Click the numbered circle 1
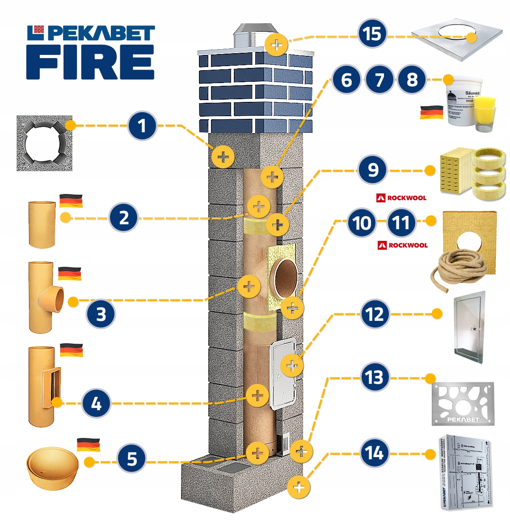(142, 126)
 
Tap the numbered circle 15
(372, 34)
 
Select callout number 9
(372, 170)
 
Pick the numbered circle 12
(375, 314)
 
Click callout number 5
(131, 458)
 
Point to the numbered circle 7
(379, 80)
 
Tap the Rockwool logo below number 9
(401, 197)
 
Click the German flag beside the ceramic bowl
(89, 445)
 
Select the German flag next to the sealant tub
(431, 112)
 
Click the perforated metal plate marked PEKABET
(463, 404)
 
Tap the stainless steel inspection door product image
(469, 327)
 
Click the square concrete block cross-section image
(44, 143)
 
